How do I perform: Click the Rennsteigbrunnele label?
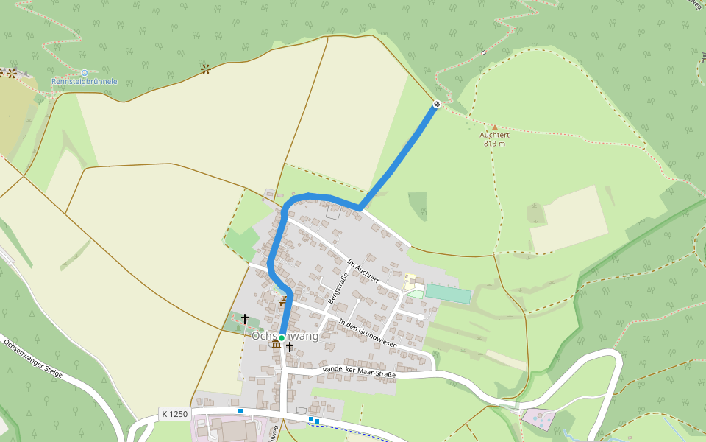[84, 81]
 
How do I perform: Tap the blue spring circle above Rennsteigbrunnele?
[84, 72]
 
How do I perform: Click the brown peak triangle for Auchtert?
[494, 127]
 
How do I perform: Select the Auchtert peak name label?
[494, 135]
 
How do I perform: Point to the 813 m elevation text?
[494, 144]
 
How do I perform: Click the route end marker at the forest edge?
[437, 105]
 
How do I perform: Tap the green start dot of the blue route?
[282, 337]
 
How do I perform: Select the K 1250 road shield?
[174, 414]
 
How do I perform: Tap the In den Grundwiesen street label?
[368, 333]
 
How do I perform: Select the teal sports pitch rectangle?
[447, 293]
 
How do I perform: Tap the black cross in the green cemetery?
[245, 319]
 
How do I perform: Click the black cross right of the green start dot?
[290, 346]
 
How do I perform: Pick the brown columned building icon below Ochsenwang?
[276, 344]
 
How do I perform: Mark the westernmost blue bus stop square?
[240, 410]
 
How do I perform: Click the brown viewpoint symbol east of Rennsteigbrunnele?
[206, 69]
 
